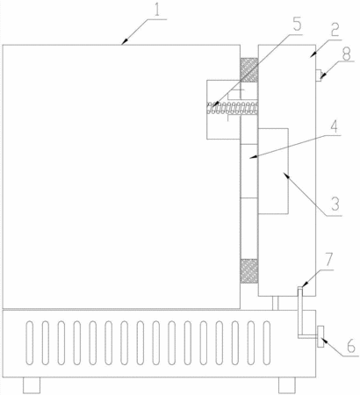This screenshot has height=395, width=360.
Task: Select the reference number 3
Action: [335, 204]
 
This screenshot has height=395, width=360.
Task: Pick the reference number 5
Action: [296, 25]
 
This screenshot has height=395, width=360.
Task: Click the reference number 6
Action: [351, 345]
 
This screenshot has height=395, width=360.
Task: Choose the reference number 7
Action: [328, 261]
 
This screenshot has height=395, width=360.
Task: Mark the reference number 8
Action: [346, 54]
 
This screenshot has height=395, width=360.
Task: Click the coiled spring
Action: [233, 108]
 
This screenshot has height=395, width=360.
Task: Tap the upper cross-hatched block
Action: [249, 70]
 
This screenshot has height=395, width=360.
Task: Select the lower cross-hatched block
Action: [249, 271]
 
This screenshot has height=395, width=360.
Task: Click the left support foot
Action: [32, 385]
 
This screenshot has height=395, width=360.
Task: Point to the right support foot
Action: [287, 385]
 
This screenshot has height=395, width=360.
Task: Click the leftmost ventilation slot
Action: [29, 343]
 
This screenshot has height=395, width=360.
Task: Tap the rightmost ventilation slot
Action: [266, 343]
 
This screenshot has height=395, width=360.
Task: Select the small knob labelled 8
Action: [318, 75]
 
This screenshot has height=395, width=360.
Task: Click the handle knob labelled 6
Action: [320, 336]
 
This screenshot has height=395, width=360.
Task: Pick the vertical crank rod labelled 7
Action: [299, 312]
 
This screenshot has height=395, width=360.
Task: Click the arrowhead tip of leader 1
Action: [123, 45]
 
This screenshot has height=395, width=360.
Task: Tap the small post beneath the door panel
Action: [275, 303]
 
